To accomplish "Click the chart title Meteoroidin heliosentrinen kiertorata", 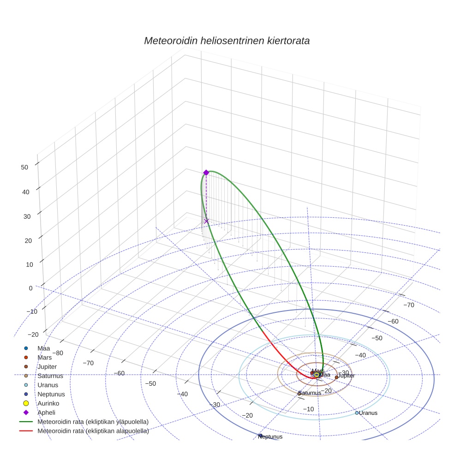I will (227, 41).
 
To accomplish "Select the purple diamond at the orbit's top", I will (206, 173).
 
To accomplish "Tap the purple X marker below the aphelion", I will (206, 221).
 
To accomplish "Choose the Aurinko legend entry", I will (48, 403).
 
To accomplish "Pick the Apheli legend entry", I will (46, 412).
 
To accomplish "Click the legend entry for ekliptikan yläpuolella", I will (93, 422).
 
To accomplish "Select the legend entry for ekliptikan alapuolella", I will (93, 431).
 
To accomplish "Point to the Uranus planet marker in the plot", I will (357, 412).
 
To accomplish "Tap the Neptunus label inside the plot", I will (270, 436).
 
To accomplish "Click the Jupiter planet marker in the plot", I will (336, 377).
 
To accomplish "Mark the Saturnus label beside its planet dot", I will (310, 393).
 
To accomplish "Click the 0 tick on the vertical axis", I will (30, 288).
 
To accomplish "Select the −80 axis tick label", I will (57, 353).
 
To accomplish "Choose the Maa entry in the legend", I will (44, 348).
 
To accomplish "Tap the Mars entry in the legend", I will (45, 357).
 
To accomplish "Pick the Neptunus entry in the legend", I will (51, 394).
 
